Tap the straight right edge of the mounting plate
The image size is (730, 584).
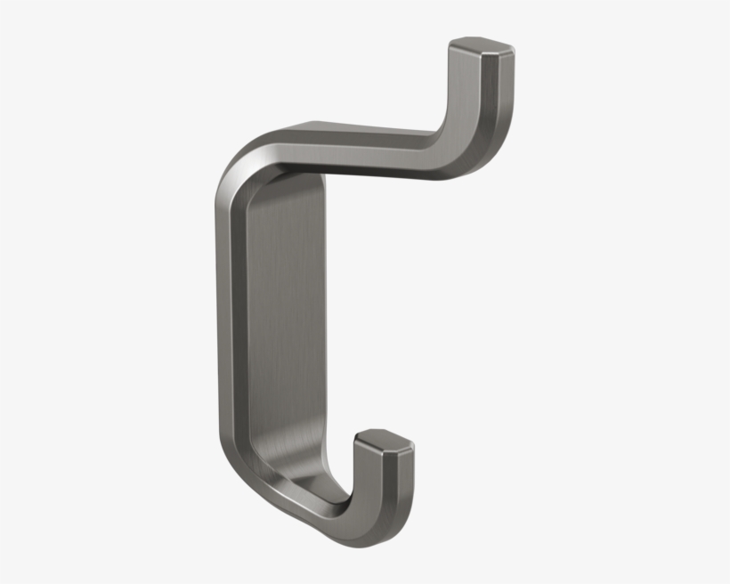coord(326,329)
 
